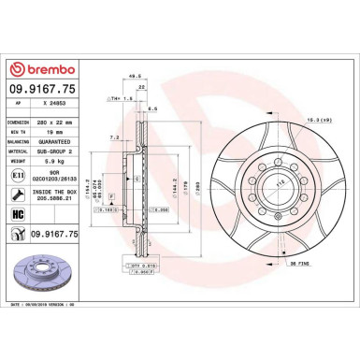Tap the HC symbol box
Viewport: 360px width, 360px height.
click(x=19, y=214)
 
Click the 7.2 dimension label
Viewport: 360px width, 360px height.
click(x=114, y=137)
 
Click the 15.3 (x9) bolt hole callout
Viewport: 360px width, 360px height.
click(x=329, y=119)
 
